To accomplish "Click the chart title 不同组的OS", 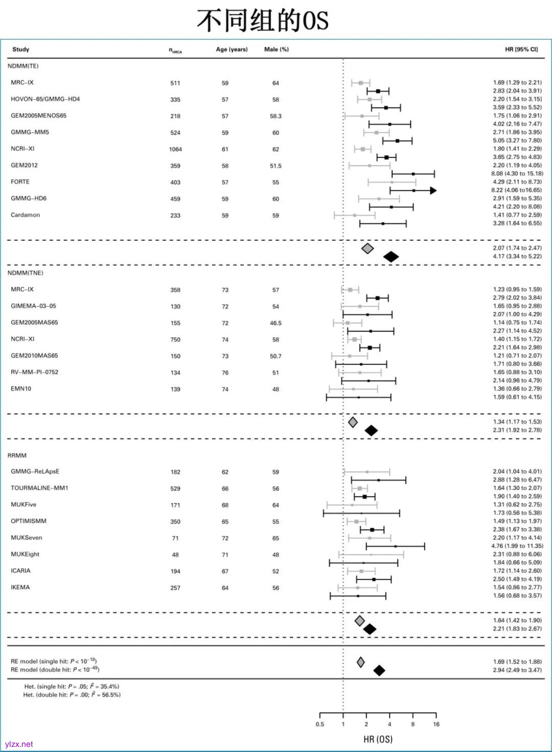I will (x=262, y=20).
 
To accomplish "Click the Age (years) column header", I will (x=232, y=50).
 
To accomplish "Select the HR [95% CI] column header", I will (x=521, y=50).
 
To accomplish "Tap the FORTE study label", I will (x=20, y=182).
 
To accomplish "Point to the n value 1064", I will (x=175, y=149).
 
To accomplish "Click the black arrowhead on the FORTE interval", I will (x=433, y=191).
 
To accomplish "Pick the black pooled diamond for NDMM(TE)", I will (x=391, y=256).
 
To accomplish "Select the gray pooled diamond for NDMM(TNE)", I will (x=353, y=422).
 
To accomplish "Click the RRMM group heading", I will (x=17, y=455).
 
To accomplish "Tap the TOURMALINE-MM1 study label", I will (x=39, y=488).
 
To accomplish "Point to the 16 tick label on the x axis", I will (x=436, y=724).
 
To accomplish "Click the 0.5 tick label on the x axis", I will (x=320, y=724).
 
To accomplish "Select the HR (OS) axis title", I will (x=378, y=739).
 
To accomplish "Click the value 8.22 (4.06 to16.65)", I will (x=516, y=190).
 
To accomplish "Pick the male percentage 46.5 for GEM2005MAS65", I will (x=275, y=323).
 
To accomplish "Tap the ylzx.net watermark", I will (x=19, y=744).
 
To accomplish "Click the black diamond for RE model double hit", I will (x=379, y=670).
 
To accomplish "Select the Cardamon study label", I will (x=26, y=215).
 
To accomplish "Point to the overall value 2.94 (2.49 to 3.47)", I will (x=517, y=670).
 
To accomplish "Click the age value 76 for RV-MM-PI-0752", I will (x=225, y=372).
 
